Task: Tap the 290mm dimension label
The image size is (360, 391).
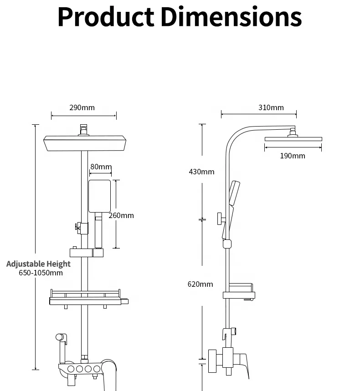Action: click(x=82, y=107)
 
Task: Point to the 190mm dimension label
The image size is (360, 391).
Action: click(x=292, y=156)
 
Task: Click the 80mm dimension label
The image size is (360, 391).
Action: click(x=101, y=167)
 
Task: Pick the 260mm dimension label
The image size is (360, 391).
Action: click(x=122, y=215)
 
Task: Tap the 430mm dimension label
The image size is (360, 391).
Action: click(x=201, y=172)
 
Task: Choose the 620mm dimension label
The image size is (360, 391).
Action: click(x=200, y=284)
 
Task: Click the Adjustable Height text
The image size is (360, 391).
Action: click(x=38, y=264)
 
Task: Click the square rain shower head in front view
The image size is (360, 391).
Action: click(x=84, y=144)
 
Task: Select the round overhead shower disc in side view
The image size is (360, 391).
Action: click(x=293, y=138)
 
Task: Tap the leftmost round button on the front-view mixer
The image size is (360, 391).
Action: click(x=70, y=369)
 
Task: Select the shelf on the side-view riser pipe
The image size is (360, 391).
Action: click(x=239, y=291)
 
